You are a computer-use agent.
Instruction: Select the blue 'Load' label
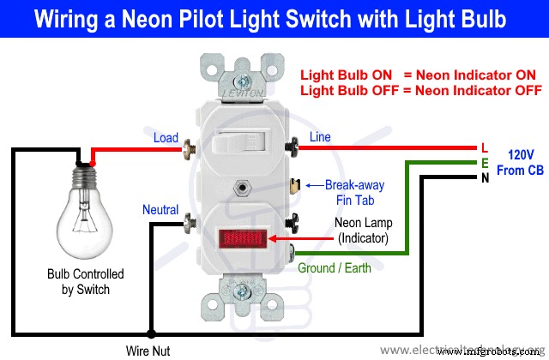(x=166, y=138)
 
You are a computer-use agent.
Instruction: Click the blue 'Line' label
(x=319, y=137)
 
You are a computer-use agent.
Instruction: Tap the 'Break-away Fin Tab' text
(x=355, y=192)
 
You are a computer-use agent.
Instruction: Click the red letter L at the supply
(x=485, y=147)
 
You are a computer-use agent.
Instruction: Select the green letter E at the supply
(x=485, y=162)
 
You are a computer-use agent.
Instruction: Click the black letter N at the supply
(x=485, y=177)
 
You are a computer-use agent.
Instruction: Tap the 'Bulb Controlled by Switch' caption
(x=86, y=282)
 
